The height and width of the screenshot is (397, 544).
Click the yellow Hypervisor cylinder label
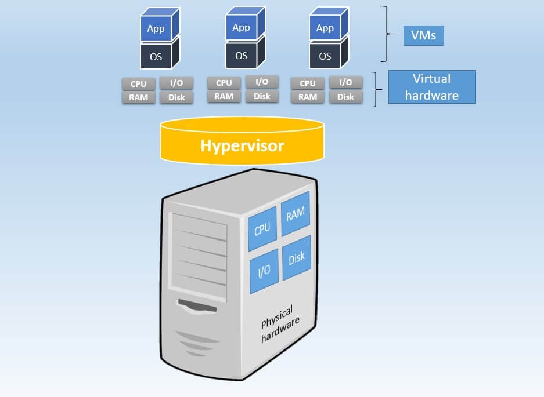point(242,145)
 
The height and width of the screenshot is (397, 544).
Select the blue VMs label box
point(423,37)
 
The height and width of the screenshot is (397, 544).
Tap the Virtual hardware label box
point(431,87)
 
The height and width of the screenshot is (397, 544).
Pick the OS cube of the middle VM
point(242,56)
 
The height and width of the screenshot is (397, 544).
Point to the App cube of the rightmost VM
point(325,28)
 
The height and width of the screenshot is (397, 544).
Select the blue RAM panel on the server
point(295,214)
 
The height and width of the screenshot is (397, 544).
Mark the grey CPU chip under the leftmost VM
point(139,83)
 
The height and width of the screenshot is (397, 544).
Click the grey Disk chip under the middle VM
point(262,96)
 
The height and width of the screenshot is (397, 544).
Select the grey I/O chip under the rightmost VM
point(345,83)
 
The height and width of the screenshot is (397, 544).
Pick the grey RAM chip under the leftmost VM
point(139,97)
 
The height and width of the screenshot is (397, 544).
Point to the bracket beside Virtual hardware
point(377,89)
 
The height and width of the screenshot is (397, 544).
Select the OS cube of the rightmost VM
point(325,56)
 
